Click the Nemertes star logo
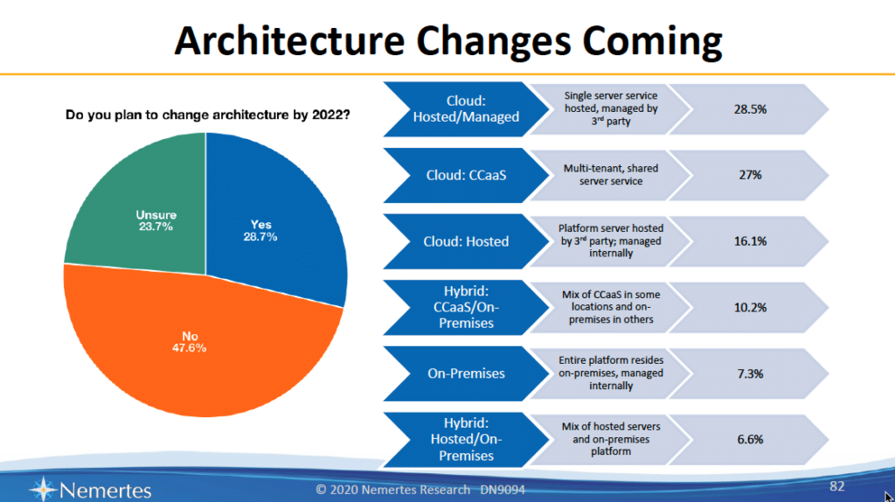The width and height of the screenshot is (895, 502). (45, 488)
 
